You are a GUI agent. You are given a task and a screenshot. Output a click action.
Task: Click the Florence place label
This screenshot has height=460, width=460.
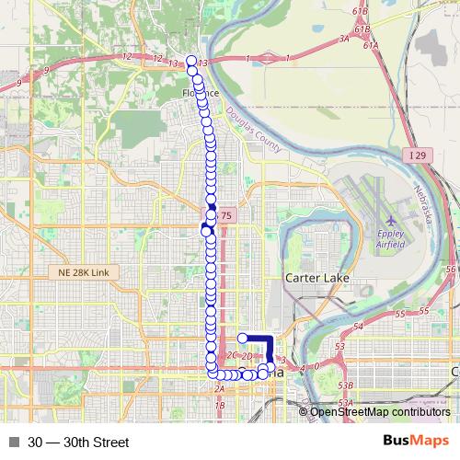(x=200, y=93)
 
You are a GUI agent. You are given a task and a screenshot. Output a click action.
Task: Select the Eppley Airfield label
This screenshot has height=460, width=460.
(x=392, y=241)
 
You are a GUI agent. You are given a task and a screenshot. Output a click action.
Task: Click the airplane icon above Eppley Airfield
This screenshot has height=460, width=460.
(x=392, y=222)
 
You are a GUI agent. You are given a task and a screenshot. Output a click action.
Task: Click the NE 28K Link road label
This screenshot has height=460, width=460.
(x=83, y=273)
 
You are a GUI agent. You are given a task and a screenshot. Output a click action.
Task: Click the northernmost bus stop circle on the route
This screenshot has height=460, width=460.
(x=191, y=61)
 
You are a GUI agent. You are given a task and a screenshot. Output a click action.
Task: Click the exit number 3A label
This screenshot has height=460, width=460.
(x=345, y=39)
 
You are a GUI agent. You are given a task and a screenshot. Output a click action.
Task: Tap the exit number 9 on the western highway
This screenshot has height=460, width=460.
(x=19, y=83)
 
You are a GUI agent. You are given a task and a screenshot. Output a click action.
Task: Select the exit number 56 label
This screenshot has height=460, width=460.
(x=451, y=268)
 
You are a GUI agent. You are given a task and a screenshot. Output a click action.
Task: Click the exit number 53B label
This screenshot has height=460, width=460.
(x=346, y=385)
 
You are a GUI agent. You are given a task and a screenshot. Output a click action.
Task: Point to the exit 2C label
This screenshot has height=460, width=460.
(x=233, y=354)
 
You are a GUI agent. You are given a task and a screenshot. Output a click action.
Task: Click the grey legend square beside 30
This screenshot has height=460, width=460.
(x=13, y=442)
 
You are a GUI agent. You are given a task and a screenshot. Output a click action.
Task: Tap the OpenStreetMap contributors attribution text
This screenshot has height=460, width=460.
(x=380, y=411)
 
